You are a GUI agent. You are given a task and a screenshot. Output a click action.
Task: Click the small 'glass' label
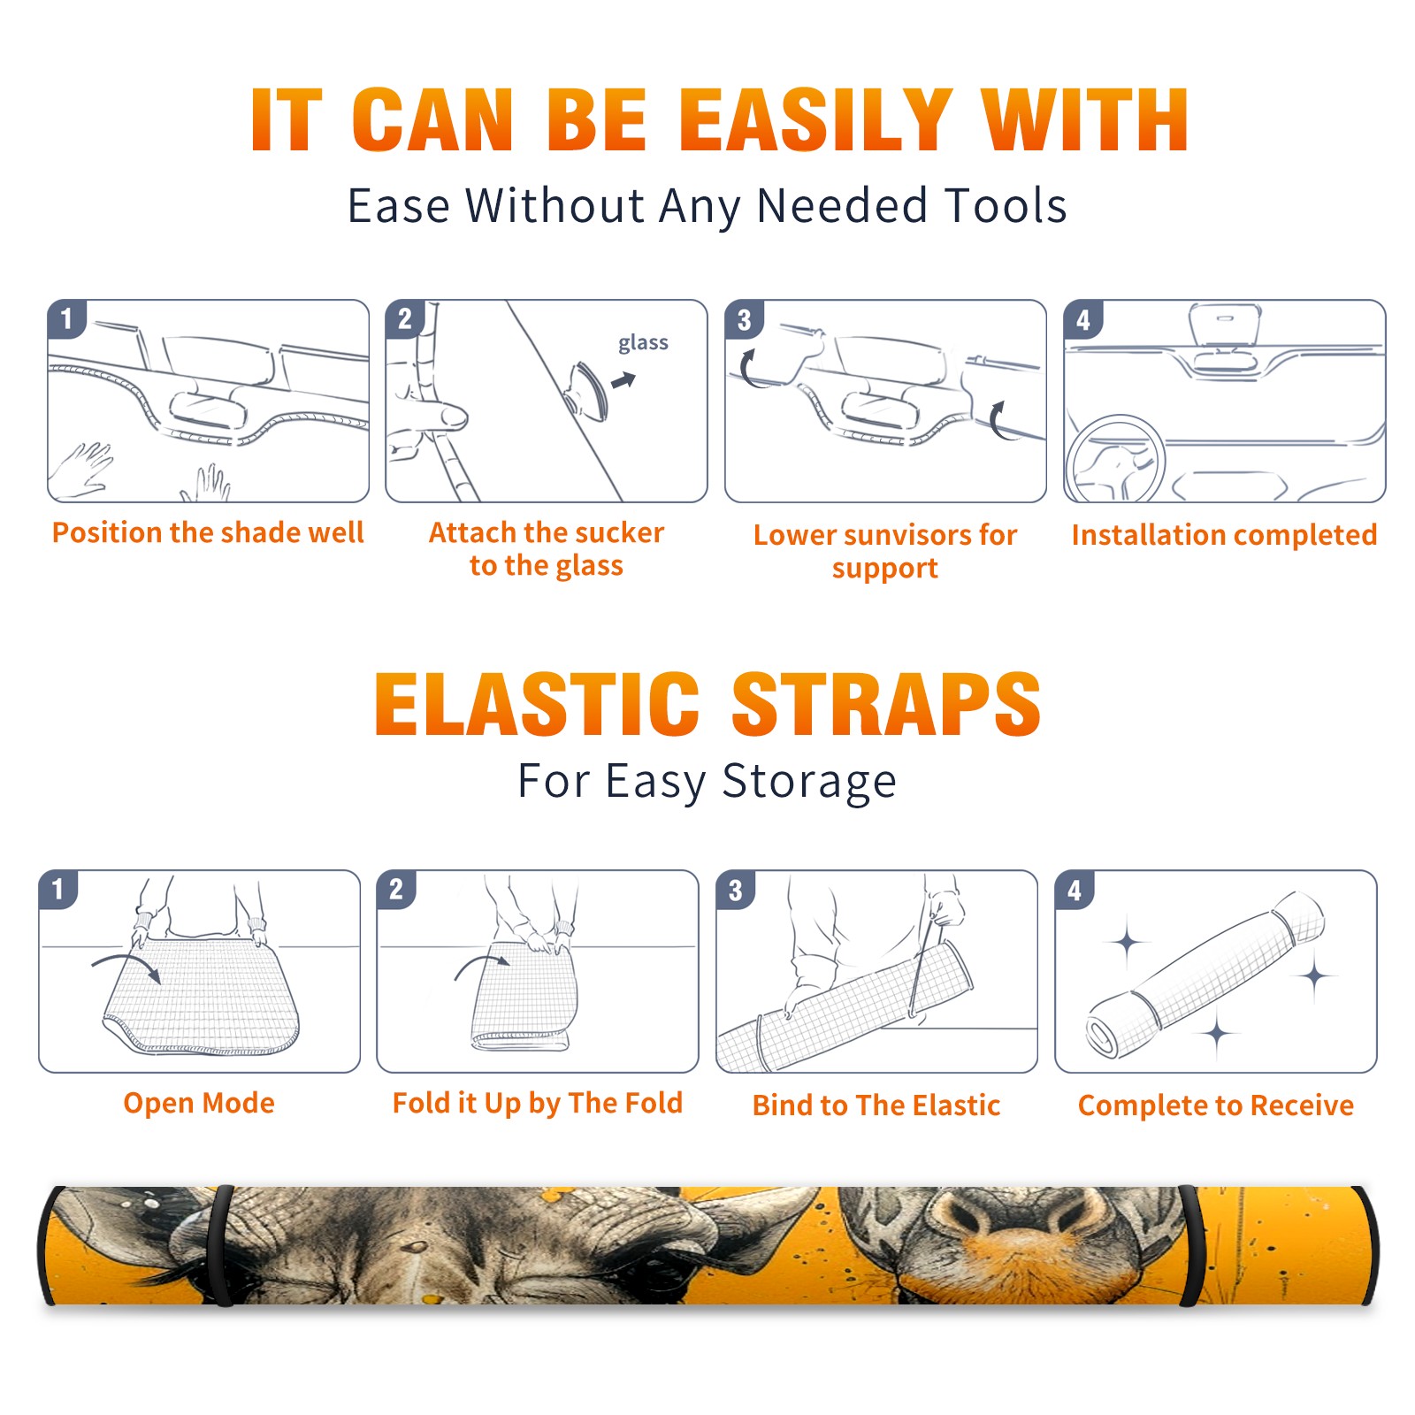coord(643,343)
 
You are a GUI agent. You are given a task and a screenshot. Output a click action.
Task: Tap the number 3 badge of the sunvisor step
coord(744,319)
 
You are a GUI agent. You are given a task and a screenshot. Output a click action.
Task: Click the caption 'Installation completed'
coord(1224,535)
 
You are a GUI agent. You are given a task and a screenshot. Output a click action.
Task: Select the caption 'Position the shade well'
coord(208,532)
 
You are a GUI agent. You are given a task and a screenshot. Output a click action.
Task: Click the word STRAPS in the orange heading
coord(886,704)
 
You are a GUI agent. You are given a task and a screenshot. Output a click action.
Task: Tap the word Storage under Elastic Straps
coord(809,782)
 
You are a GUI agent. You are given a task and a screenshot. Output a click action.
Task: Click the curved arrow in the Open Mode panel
coord(126,965)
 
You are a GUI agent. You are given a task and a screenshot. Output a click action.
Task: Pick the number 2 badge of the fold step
coord(396,889)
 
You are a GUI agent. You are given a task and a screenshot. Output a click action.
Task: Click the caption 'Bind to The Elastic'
coord(876,1105)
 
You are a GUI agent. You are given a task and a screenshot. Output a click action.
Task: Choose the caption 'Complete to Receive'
coord(1216,1105)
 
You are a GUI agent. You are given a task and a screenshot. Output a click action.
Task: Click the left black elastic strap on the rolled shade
coord(223,1246)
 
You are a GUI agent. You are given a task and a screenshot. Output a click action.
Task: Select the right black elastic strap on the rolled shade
coord(1190,1246)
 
